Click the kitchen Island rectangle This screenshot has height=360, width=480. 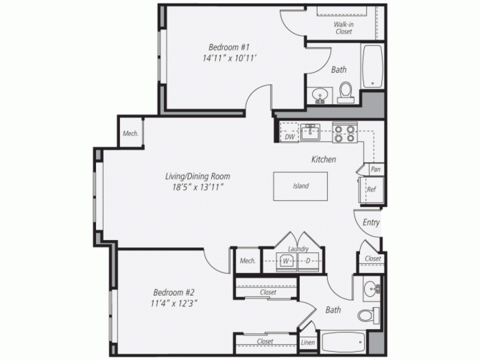(300, 186)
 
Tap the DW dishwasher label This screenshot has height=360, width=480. (290, 137)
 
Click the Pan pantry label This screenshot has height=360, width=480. (375, 169)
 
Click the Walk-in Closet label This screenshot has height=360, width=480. (343, 28)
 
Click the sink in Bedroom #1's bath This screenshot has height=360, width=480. (320, 95)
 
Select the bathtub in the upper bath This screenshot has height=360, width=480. (372, 66)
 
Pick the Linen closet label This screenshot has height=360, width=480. (308, 343)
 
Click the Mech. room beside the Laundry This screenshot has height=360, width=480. (248, 261)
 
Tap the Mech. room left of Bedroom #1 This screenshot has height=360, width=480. (130, 134)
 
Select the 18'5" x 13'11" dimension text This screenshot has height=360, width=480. (198, 187)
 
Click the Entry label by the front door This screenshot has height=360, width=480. (371, 223)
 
